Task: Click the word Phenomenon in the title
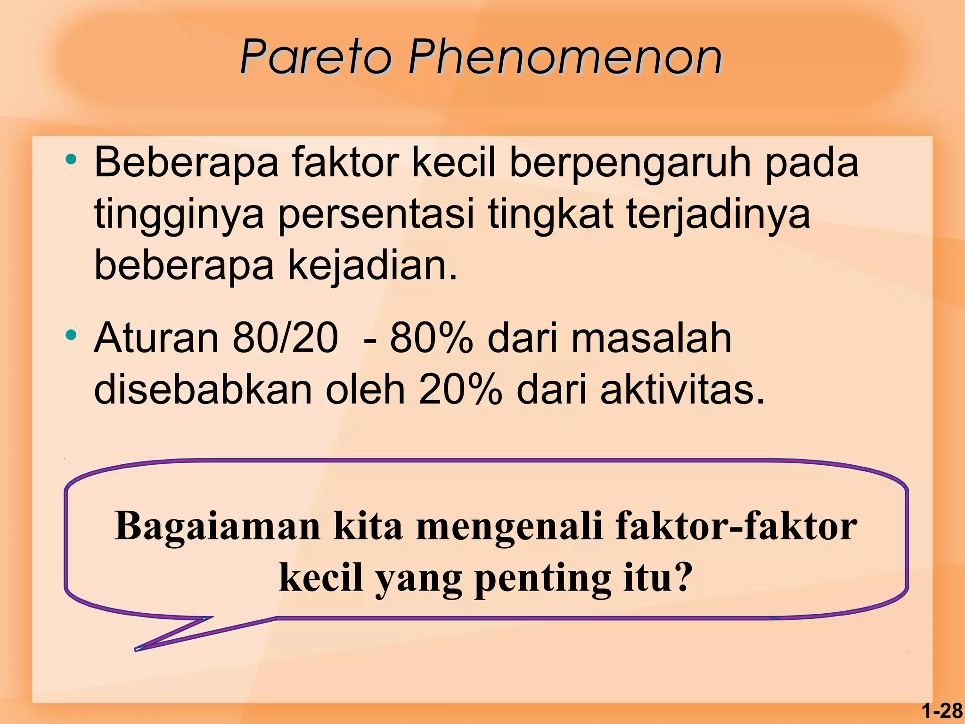[x=565, y=58]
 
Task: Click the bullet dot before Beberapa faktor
[x=71, y=160]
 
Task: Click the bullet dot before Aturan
[x=71, y=335]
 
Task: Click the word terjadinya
[x=718, y=215]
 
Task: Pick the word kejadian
[x=372, y=265]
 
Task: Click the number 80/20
[x=286, y=338]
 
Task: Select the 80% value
[x=431, y=338]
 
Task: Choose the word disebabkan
[x=203, y=390]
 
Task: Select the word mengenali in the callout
[x=509, y=526]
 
